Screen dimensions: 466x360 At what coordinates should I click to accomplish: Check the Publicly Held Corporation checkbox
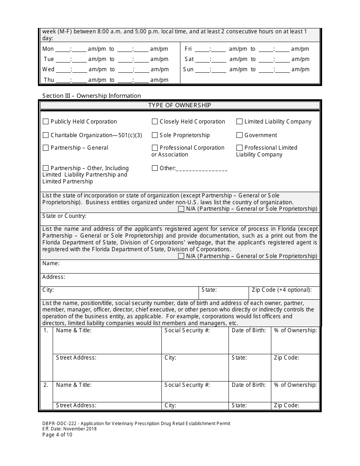(46, 122)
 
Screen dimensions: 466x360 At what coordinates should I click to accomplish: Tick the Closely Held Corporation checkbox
(155, 122)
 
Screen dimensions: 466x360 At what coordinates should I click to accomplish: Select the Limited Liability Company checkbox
(239, 122)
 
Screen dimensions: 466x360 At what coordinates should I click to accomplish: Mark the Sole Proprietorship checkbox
(155, 135)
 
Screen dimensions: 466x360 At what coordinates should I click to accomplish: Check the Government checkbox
(239, 135)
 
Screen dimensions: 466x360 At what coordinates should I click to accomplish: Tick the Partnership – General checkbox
(46, 148)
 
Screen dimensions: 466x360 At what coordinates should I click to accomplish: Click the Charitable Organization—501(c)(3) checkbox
(46, 135)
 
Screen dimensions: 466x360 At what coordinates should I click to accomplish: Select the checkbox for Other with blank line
(155, 168)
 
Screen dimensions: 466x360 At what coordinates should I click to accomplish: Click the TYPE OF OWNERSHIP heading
(180, 105)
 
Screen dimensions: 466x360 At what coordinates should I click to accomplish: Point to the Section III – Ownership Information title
(91, 96)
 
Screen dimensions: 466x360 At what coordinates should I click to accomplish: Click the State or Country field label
(64, 216)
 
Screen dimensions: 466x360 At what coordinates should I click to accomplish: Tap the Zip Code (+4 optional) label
(282, 290)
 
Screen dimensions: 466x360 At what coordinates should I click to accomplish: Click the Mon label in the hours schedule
(48, 49)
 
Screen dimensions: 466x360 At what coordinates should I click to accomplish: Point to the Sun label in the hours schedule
(188, 69)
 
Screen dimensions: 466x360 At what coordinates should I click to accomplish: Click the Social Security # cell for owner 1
(195, 340)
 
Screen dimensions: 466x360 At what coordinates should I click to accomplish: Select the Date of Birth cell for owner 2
(249, 391)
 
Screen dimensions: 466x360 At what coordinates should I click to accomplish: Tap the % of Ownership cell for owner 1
(295, 340)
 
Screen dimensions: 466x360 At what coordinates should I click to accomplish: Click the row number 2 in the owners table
(46, 385)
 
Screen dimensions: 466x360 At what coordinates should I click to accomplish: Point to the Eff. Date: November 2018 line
(69, 429)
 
